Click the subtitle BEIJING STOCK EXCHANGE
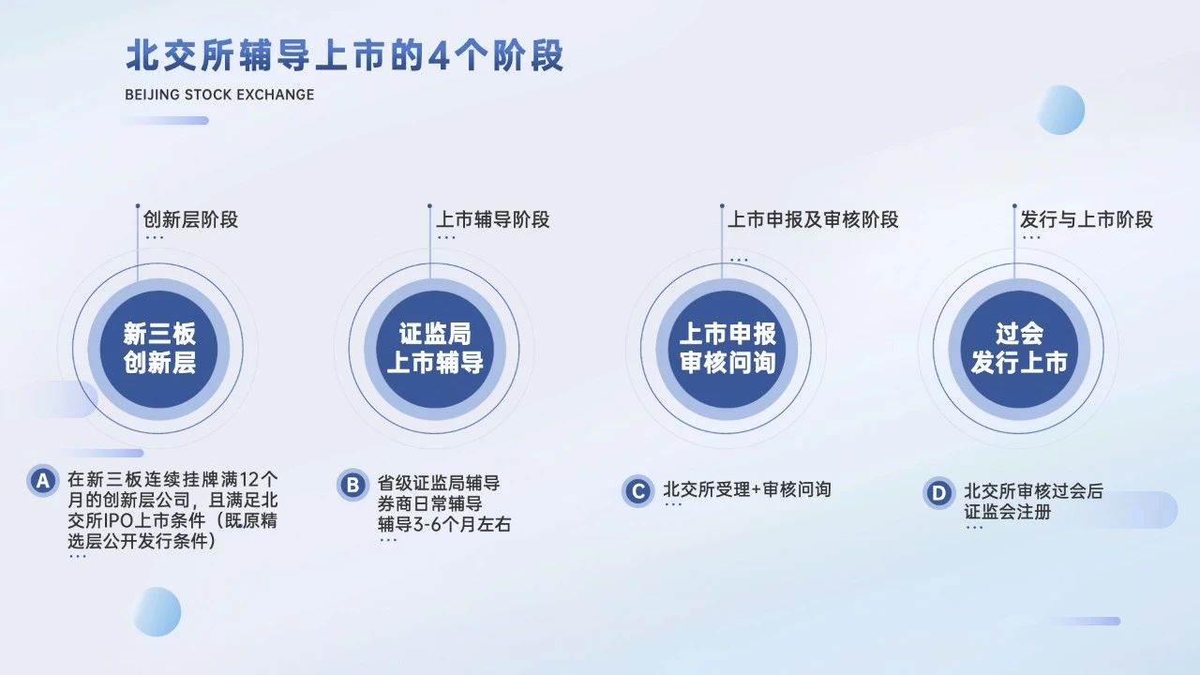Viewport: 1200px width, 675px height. [219, 95]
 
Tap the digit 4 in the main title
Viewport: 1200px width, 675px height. [439, 55]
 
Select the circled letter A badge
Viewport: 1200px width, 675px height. [43, 481]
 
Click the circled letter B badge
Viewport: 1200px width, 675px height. [352, 486]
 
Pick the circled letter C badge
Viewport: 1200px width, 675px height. [638, 490]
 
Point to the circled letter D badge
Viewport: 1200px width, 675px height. [938, 493]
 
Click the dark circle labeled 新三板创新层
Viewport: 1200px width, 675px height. [158, 349]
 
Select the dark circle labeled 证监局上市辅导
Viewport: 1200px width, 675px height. [435, 349]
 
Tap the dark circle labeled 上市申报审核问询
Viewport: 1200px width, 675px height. [727, 349]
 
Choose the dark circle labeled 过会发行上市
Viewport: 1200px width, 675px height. [1019, 349]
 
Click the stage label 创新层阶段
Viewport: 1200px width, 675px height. [190, 219]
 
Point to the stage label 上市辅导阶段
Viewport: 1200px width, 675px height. [493, 219]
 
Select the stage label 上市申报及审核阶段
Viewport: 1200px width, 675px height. [813, 219]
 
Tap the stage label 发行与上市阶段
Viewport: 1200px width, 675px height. [1087, 219]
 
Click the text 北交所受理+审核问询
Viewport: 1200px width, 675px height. [747, 489]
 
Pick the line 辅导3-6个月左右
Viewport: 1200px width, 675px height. [444, 524]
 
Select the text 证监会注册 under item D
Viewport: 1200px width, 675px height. [1008, 512]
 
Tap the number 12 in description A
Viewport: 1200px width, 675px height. [249, 479]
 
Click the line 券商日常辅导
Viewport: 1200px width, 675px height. [429, 503]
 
